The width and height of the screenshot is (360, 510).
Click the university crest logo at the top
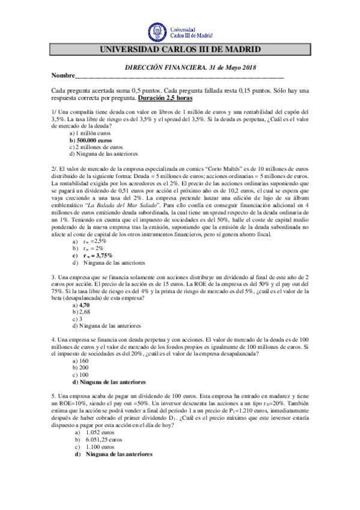(x=157, y=31)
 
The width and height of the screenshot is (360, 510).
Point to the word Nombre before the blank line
(x=64, y=76)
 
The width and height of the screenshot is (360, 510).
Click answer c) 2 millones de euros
(x=96, y=146)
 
